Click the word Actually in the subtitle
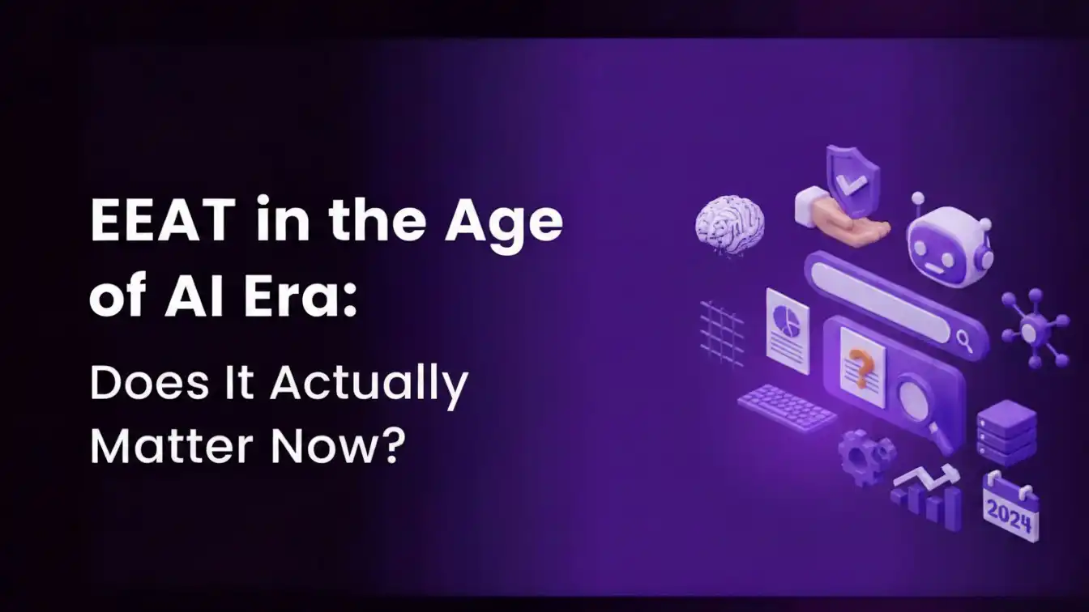click(369, 384)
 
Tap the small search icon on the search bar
click(964, 340)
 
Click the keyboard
click(787, 406)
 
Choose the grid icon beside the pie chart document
click(721, 330)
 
